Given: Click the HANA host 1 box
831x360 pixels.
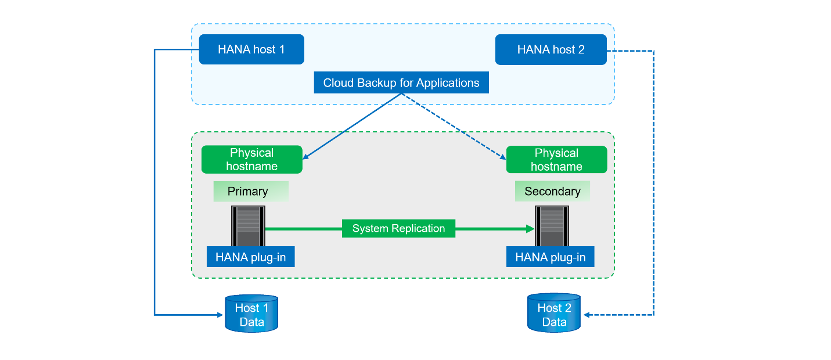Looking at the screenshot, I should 251,49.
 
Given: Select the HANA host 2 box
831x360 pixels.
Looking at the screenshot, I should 551,49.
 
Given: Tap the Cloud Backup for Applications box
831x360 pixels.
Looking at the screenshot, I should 401,82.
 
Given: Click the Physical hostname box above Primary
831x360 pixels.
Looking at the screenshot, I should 251,160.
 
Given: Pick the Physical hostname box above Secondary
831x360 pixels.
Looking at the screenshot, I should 556,160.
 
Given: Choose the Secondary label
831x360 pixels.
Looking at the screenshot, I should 552,192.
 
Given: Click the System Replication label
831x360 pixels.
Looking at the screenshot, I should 398,228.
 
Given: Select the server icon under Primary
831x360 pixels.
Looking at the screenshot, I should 248,226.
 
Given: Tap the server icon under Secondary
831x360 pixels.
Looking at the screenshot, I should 552,226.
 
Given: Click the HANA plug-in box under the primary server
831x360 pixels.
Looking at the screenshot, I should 250,257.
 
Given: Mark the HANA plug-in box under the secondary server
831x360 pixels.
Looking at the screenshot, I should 550,257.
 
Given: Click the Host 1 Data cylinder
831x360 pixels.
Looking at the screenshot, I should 251,314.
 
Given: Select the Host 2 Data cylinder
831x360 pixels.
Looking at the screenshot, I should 554,314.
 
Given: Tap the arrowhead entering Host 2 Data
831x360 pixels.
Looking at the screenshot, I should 587,315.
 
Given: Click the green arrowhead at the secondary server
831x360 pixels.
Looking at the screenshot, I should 530,229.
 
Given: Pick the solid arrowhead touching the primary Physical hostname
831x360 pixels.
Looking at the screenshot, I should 306,156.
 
